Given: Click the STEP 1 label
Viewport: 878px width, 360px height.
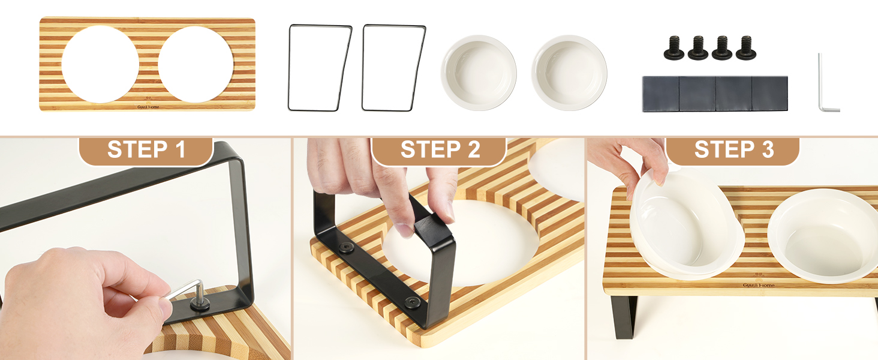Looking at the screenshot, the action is [146, 149].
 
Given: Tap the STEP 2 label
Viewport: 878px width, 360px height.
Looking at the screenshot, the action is [440, 149].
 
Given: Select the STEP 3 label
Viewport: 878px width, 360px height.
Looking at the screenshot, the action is [734, 149].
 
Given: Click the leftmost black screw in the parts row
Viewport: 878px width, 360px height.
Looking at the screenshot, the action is [673, 48].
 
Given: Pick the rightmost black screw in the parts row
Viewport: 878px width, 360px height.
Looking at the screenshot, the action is [746, 48].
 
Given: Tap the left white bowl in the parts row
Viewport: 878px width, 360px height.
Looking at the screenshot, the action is [479, 73].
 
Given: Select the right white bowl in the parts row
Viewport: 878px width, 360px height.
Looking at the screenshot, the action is [569, 73].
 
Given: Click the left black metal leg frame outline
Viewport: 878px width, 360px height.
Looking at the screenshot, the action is [290, 67].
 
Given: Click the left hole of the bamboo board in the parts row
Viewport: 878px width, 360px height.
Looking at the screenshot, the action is [100, 64].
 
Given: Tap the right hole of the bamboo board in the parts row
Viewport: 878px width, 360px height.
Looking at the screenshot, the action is [196, 64].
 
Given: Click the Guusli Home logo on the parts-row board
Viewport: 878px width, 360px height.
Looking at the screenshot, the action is [148, 105].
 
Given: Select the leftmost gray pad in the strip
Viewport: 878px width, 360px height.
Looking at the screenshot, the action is [660, 94].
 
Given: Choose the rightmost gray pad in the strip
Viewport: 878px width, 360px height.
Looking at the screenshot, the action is [770, 94].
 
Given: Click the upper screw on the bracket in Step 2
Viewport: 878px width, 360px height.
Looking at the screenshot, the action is [346, 247].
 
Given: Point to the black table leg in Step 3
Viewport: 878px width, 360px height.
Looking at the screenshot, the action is [624, 317].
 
